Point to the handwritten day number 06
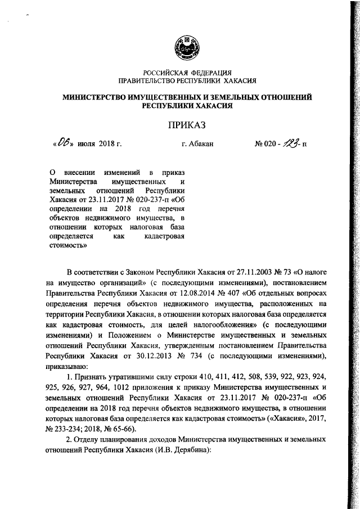click(60, 143)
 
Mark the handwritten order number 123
click(293, 143)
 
